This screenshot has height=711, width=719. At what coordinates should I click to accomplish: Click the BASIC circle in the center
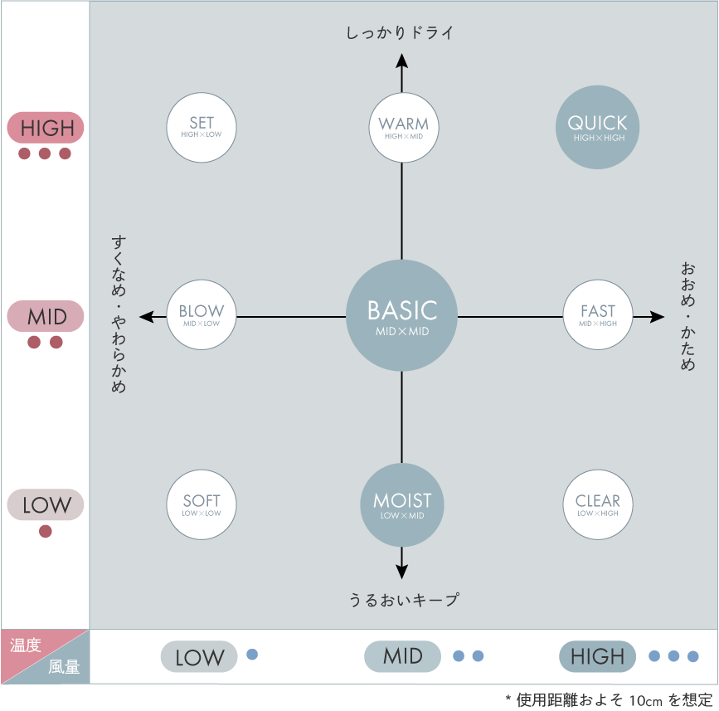pos(402,316)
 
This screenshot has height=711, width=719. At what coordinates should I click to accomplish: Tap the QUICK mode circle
pos(597,127)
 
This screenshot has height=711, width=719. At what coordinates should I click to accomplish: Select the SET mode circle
pos(202,127)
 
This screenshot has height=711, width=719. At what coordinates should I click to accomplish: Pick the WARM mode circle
pos(402,127)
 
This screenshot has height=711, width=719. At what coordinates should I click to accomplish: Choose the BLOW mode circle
pos(202,316)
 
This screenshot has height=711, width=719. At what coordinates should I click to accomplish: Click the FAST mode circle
pos(597,316)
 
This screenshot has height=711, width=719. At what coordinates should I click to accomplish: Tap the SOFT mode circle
pos(202,504)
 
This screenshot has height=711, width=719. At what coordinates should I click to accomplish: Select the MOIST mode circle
pos(402,504)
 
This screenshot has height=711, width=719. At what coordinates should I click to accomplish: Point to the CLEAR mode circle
pos(597,504)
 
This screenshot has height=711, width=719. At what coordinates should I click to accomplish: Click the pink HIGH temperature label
pos(46,128)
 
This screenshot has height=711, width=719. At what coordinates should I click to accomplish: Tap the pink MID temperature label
pos(46,316)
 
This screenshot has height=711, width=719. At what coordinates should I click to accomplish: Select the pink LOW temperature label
pos(46,504)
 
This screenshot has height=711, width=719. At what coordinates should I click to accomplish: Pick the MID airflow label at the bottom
pos(403,656)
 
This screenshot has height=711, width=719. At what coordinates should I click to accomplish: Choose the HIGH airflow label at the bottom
pos(597,656)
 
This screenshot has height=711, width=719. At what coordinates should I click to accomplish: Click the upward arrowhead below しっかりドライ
pos(402,60)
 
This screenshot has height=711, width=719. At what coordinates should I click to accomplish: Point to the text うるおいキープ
pos(403,599)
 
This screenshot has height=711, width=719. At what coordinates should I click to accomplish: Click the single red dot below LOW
pos(46,531)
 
